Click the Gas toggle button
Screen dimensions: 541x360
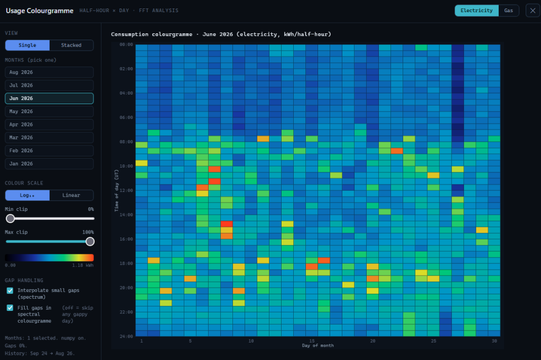click(x=509, y=11)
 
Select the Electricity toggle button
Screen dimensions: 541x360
click(x=477, y=11)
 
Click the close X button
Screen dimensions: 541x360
click(x=533, y=11)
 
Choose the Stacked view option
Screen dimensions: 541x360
click(x=71, y=45)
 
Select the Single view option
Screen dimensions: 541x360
click(x=27, y=45)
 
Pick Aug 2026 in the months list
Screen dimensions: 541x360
click(x=49, y=72)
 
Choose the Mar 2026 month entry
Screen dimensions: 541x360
click(x=49, y=137)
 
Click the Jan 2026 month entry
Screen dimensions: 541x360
click(x=49, y=163)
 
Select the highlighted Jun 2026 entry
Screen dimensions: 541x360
click(x=49, y=98)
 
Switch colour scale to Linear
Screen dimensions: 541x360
click(x=71, y=196)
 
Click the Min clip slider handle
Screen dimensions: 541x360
click(x=11, y=218)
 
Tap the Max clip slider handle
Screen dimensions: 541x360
click(x=90, y=242)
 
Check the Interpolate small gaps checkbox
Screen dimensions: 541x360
click(x=10, y=291)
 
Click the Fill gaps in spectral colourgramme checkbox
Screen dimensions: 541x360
click(x=10, y=308)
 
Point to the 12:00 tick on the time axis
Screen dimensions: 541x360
click(x=126, y=190)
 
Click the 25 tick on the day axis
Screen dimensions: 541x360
click(x=433, y=341)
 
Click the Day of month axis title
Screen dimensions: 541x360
click(x=318, y=346)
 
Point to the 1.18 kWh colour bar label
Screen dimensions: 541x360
click(x=83, y=265)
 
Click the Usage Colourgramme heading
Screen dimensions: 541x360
click(x=40, y=11)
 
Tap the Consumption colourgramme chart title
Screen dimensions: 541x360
click(x=221, y=34)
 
